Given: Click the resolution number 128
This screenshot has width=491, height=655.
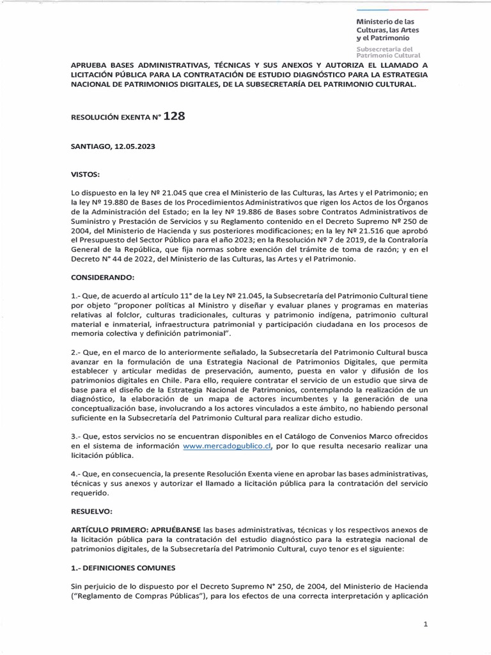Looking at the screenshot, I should [175, 116].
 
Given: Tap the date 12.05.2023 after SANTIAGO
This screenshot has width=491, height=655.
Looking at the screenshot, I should [132, 146].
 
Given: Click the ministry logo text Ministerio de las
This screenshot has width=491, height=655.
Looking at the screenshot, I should [385, 22].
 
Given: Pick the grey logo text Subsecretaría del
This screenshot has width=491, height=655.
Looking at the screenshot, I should [384, 49].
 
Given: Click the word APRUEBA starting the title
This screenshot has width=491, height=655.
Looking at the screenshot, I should [88, 65].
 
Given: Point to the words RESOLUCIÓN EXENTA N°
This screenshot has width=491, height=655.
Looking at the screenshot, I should [114, 118].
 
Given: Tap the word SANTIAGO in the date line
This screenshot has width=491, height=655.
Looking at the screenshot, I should [90, 146].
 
